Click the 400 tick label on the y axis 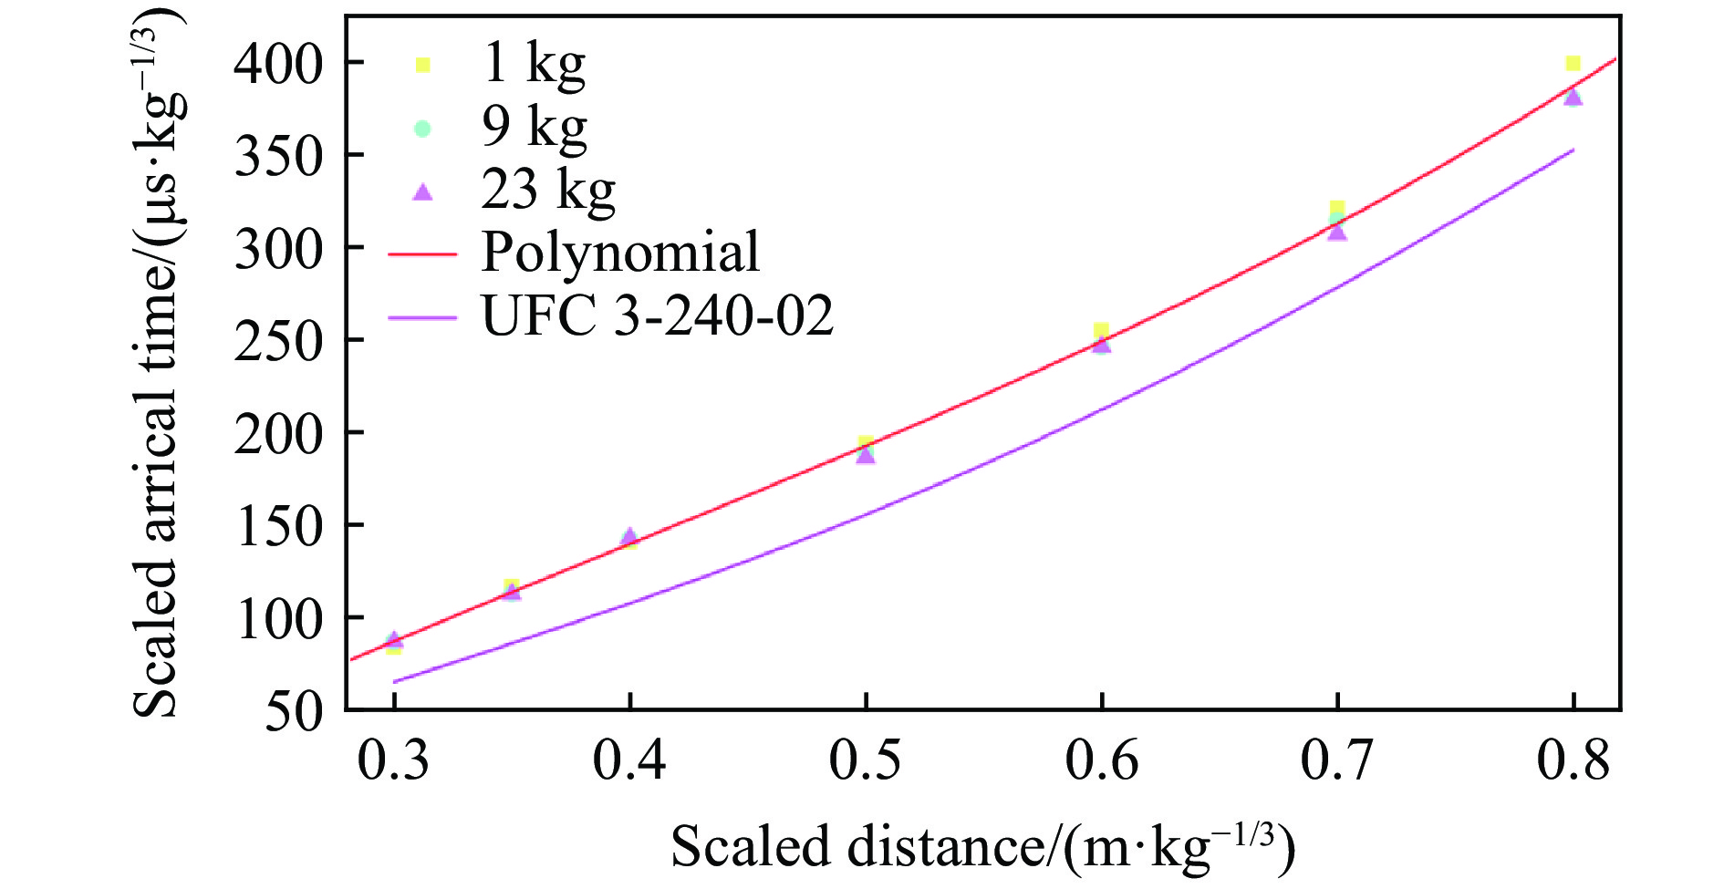tap(278, 65)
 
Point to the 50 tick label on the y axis tap(294, 712)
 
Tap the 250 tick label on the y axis tap(278, 342)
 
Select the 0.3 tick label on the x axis tap(393, 760)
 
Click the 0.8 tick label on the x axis tap(1573, 760)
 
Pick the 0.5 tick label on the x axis tap(865, 760)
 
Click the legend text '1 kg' tap(534, 64)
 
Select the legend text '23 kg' tap(548, 191)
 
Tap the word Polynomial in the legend tap(620, 253)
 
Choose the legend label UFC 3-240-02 tap(657, 316)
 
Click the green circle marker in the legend tap(421, 129)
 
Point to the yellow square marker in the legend tap(421, 65)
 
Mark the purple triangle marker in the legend tap(421, 191)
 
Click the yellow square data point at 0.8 tap(1573, 63)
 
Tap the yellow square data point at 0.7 tap(1337, 208)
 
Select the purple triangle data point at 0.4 tap(629, 536)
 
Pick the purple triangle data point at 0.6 tap(1102, 344)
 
